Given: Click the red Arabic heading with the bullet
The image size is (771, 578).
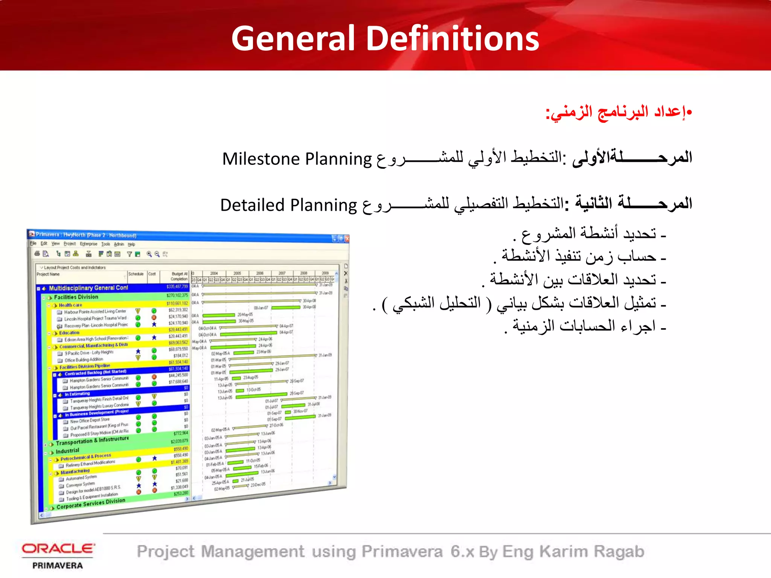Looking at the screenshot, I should [x=619, y=113].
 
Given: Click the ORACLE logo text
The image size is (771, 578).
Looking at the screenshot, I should [x=58, y=549].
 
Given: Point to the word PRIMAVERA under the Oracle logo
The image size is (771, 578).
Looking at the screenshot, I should [x=58, y=566].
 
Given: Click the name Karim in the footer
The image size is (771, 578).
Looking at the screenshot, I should [x=564, y=552].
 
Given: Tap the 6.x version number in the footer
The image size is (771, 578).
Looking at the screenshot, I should [x=462, y=552].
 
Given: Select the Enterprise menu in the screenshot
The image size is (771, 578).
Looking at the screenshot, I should [x=88, y=244].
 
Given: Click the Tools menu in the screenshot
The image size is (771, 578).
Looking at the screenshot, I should [x=106, y=244].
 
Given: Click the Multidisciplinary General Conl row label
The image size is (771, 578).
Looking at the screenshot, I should [x=88, y=288].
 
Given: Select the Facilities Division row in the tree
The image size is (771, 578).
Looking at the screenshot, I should [x=76, y=297].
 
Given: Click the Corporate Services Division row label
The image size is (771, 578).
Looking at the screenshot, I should [x=91, y=503].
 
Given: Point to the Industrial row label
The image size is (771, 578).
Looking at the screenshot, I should [x=67, y=451].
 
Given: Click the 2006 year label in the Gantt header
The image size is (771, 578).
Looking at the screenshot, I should [x=260, y=273].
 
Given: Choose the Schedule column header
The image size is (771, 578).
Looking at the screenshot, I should [x=136, y=274].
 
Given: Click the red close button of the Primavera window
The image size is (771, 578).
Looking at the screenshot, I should [x=347, y=239].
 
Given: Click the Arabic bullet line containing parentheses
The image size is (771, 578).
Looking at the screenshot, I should [x=520, y=303].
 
